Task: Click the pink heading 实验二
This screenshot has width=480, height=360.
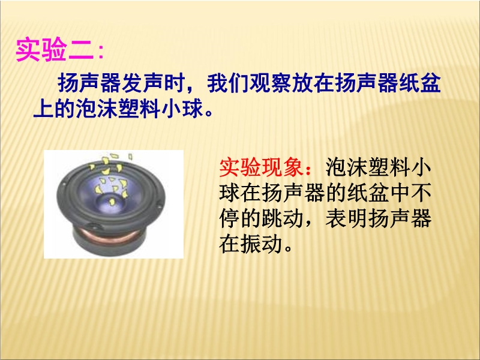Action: (x=55, y=50)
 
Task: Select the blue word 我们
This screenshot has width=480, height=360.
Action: (x=228, y=83)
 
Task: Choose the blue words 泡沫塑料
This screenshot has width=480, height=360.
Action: (x=118, y=109)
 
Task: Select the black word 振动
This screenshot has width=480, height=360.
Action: (x=261, y=244)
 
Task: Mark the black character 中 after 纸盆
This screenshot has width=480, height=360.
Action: (x=399, y=193)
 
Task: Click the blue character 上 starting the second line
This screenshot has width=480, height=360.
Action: (x=43, y=109)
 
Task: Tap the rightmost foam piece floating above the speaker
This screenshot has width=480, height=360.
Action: (x=130, y=157)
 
